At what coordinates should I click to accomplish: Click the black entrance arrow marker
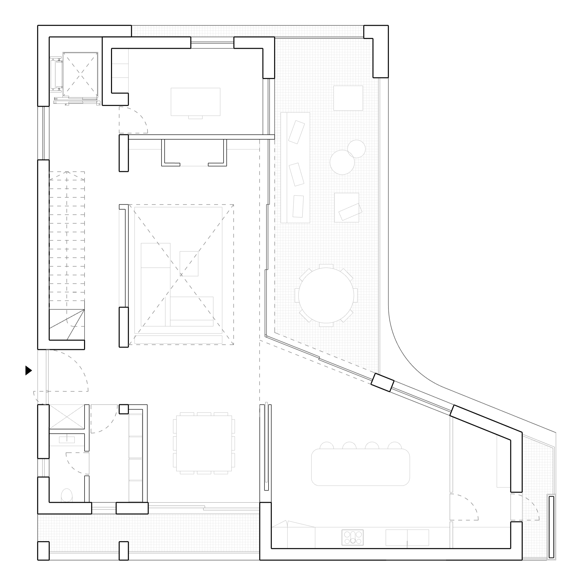[x=28, y=370]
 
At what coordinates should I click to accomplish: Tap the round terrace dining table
[x=326, y=295]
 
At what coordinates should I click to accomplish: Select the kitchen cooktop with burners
[x=352, y=538]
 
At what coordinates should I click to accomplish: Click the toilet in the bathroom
[x=67, y=496]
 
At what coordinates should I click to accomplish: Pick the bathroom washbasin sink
[x=67, y=439]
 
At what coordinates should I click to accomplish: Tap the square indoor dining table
[x=204, y=443]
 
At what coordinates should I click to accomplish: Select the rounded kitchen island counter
[x=360, y=467]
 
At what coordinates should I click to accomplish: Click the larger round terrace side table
[x=342, y=162]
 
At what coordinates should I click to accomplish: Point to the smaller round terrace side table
[x=357, y=149]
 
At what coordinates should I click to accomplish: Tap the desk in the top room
[x=195, y=102]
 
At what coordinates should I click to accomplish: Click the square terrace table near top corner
[x=348, y=98]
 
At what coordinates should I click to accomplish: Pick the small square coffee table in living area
[x=189, y=263]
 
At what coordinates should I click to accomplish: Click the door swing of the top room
[x=134, y=120]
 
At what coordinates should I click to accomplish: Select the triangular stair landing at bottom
[x=67, y=325]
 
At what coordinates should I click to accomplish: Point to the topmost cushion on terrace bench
[x=296, y=132]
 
